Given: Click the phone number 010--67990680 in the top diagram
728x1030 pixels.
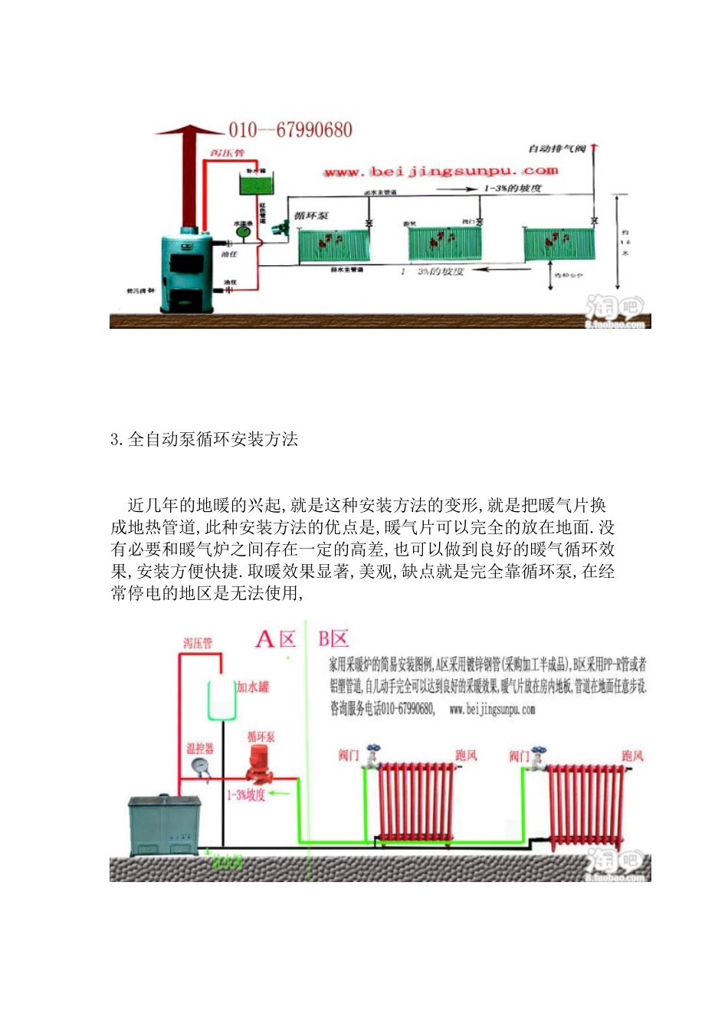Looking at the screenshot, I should click(290, 130).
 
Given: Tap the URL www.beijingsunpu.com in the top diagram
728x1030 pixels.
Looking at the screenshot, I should click(441, 172).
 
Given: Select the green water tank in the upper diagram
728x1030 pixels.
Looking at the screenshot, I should click(257, 185).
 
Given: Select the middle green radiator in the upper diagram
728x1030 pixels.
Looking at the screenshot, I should click(444, 243).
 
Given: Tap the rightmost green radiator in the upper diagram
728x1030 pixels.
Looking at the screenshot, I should click(559, 244).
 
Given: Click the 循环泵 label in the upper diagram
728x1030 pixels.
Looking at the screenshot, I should click(311, 216).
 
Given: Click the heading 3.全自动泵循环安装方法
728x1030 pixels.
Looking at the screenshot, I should click(204, 439).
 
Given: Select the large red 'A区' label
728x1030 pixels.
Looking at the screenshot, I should click(275, 639).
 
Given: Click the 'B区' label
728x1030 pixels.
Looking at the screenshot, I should click(333, 639).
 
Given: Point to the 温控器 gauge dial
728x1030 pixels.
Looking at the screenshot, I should click(202, 766).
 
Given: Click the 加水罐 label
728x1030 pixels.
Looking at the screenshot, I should click(253, 687).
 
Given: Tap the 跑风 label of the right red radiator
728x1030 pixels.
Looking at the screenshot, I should click(632, 756).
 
